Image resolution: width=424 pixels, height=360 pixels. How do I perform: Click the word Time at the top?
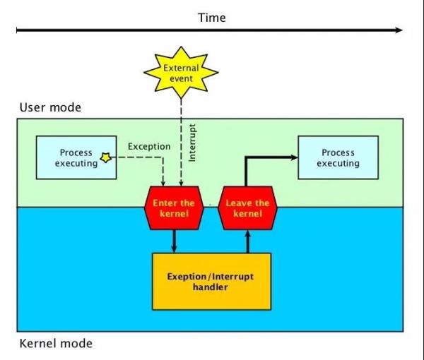click(211, 17)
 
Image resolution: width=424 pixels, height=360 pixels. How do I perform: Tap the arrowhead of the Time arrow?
click(399, 30)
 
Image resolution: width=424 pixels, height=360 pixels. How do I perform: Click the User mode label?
click(50, 107)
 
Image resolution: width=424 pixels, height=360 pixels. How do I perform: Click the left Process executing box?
click(76, 157)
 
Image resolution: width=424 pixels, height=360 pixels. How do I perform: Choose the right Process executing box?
click(338, 157)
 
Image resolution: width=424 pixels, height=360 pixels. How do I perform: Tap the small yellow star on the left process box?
click(106, 158)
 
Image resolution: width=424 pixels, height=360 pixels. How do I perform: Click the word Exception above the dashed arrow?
click(149, 146)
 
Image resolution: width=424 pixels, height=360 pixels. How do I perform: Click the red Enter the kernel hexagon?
click(174, 208)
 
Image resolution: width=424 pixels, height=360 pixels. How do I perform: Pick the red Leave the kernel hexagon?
click(247, 208)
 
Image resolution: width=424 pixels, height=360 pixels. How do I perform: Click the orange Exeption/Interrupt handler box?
click(211, 281)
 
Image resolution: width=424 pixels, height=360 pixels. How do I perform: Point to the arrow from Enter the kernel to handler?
click(174, 241)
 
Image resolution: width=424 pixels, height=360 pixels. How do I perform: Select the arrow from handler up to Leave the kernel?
click(247, 241)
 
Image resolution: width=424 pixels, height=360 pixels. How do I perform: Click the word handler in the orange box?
click(211, 287)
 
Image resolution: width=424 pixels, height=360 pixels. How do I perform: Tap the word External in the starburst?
click(181, 68)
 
